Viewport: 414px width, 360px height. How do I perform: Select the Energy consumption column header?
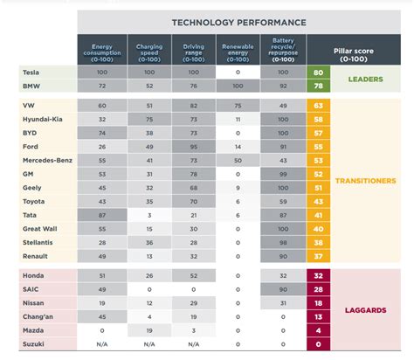(102, 50)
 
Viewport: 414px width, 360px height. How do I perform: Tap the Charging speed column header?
(150, 50)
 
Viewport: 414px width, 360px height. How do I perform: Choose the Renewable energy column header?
(238, 50)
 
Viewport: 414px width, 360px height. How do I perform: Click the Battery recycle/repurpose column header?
(284, 50)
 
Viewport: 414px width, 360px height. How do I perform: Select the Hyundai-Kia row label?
(41, 117)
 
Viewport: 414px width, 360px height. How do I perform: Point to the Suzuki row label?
(32, 345)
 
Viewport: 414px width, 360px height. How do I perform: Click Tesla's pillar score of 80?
(319, 73)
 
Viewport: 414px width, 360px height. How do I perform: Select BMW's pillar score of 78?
(319, 87)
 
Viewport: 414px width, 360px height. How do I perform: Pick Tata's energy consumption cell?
(102, 214)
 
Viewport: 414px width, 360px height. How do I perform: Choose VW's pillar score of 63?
(319, 104)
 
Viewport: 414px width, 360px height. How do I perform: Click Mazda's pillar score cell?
(319, 331)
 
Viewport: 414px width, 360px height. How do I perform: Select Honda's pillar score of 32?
(319, 274)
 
